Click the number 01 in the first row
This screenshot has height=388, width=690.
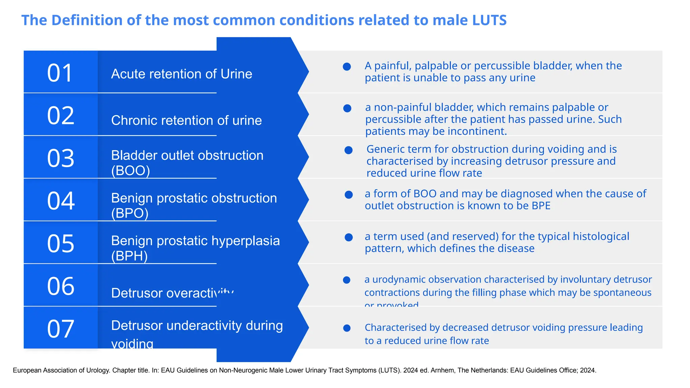pyautogui.click(x=60, y=73)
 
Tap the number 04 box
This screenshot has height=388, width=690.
pyautogui.click(x=61, y=201)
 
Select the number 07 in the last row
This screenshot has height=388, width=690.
pyautogui.click(x=61, y=329)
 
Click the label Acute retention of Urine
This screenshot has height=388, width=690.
pyautogui.click(x=182, y=74)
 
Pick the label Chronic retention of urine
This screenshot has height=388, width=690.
pyautogui.click(x=186, y=121)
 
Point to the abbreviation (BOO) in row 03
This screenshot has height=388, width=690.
pyautogui.click(x=130, y=170)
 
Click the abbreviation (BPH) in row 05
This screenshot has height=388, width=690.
pyautogui.click(x=129, y=256)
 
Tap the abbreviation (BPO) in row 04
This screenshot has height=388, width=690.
pyautogui.click(x=130, y=213)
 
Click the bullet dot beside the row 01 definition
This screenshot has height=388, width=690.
pyautogui.click(x=347, y=67)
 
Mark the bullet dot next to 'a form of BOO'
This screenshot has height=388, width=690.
pyautogui.click(x=349, y=195)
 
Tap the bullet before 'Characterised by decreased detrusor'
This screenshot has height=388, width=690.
pyautogui.click(x=347, y=328)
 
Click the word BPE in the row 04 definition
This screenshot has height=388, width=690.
pyautogui.click(x=541, y=206)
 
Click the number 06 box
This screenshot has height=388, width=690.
pyautogui.click(x=61, y=286)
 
